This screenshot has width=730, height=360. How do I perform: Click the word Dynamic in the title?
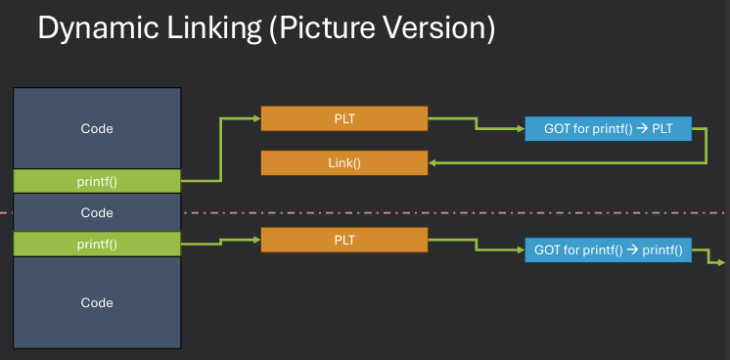(96, 28)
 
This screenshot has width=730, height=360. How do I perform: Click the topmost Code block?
(97, 128)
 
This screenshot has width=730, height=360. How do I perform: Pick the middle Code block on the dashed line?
(97, 212)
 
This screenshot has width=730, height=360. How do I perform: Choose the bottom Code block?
(97, 302)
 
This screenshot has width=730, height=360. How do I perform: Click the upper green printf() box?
(97, 180)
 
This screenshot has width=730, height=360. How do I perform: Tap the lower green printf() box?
(97, 244)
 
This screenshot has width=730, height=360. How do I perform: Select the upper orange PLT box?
(344, 119)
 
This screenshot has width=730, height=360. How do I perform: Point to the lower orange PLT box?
(344, 239)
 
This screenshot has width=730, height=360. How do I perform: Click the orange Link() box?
(344, 163)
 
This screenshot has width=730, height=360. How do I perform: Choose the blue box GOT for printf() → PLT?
(608, 128)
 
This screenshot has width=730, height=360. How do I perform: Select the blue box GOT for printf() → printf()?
(608, 250)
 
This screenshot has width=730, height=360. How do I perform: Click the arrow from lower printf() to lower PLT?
(221, 239)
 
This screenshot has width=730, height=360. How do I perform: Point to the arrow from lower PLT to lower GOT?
(476, 245)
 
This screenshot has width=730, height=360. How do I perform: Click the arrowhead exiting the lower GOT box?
(719, 262)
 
